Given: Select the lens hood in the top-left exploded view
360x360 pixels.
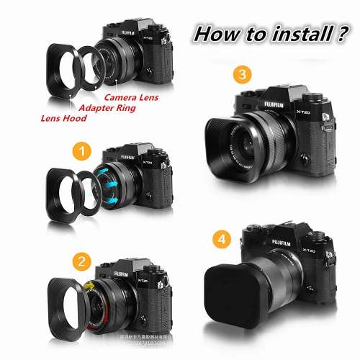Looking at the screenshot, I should [x=66, y=70].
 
